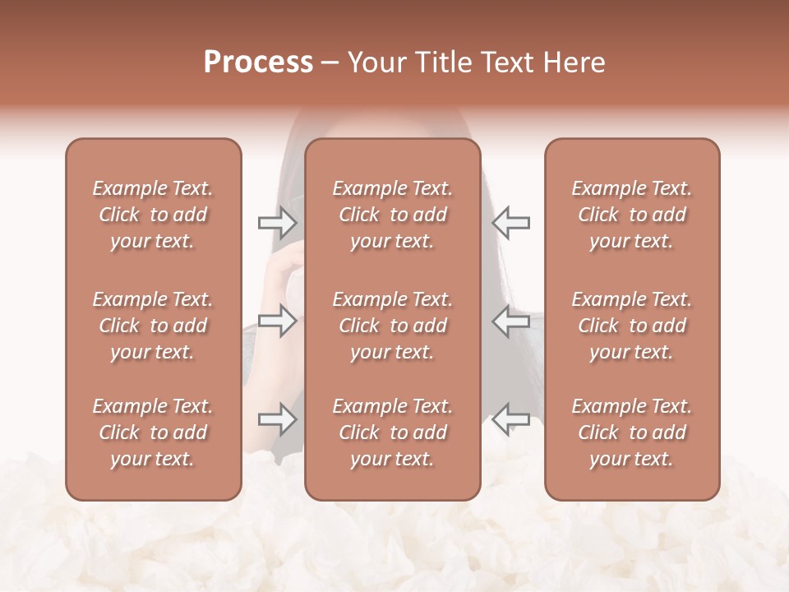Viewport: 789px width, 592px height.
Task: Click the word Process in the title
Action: [258, 62]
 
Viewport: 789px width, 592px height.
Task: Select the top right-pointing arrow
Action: [277, 222]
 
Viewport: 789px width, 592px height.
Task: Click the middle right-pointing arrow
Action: [277, 321]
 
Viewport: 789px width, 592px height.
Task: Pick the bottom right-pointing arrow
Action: [277, 419]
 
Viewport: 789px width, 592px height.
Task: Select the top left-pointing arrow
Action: [511, 222]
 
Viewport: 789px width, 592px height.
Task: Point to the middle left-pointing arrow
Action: [511, 321]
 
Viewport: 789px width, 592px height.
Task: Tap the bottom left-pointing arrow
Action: [511, 419]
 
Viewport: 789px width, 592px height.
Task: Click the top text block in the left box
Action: [153, 215]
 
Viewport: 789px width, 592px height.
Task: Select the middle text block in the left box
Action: [153, 326]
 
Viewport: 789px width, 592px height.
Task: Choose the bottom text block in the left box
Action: [153, 432]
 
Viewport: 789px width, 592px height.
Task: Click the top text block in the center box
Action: [393, 215]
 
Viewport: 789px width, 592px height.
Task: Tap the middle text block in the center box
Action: [393, 326]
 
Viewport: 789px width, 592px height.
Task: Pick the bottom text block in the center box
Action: [393, 432]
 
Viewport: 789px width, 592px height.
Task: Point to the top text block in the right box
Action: [632, 215]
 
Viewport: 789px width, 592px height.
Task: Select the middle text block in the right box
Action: [632, 326]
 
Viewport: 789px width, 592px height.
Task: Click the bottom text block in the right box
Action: [632, 432]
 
